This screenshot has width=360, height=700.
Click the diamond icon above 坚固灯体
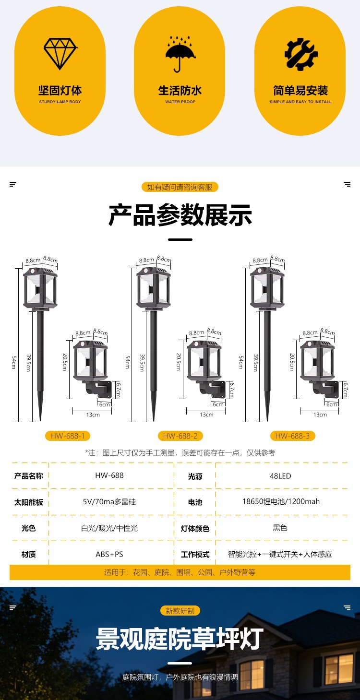pos(60,54)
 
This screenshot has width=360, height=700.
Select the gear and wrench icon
pos(300,54)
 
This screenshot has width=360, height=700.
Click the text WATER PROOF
pos(180,102)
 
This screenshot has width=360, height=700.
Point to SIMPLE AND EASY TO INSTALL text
pos(300,102)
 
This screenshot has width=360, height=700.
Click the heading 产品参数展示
pos(180,215)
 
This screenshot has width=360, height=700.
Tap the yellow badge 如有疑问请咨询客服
pos(180,187)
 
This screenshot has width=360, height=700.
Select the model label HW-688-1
pos(68,436)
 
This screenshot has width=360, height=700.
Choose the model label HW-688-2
pos(180,436)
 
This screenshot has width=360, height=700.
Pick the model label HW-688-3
pos(292,436)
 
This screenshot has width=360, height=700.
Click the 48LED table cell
pos(280,476)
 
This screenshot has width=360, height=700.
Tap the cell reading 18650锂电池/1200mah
pos(281,501)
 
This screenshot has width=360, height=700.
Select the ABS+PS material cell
pos(109,554)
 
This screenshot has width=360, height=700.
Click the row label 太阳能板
pos(28,502)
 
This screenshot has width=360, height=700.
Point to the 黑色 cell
pos(280,528)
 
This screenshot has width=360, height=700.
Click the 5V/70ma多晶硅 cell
pos(109,501)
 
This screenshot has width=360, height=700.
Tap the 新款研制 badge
pos(180,610)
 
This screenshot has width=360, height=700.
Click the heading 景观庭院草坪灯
pos(180,639)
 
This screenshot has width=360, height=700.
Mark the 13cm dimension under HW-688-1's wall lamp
pos(93,415)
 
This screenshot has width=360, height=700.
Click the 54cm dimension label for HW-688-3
pos(240,362)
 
